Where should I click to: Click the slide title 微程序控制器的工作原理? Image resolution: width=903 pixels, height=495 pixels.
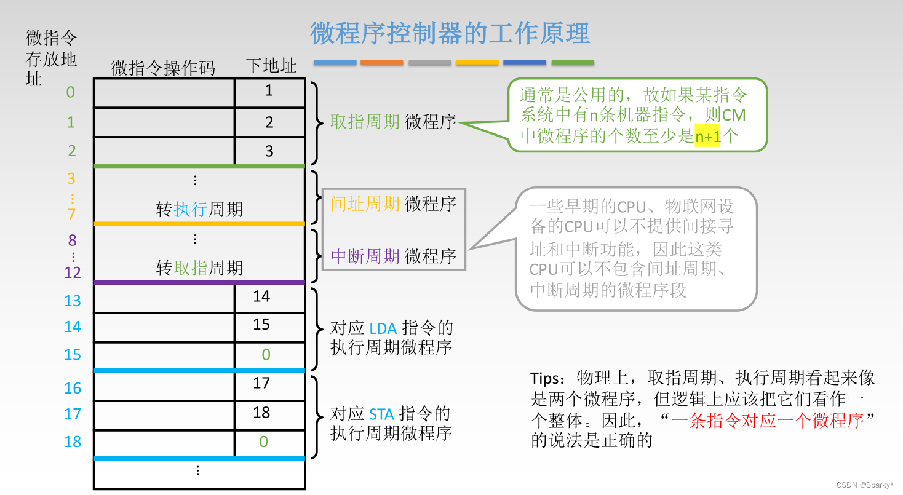coord(450,33)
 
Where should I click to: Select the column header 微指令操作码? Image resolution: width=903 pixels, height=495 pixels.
coord(163,68)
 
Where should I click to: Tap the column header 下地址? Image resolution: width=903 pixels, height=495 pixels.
coord(271,66)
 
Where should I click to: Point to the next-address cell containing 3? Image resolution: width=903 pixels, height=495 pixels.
coord(269,151)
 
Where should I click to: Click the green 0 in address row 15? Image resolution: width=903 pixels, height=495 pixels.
coord(266,354)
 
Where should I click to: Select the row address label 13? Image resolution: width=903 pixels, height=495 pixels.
coord(73,301)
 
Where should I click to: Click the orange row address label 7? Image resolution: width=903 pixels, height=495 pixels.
coord(71,214)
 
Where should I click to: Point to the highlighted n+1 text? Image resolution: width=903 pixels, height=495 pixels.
coord(707,137)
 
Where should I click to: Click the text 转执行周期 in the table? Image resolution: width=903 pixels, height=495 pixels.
coord(199,210)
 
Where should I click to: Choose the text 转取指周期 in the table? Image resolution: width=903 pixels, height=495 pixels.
coord(199,268)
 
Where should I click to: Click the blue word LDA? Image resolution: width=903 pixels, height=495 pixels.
coord(383,329)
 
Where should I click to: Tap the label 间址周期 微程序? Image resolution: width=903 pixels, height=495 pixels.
coord(393,204)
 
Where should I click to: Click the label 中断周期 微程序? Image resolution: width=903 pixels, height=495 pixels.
coord(393,256)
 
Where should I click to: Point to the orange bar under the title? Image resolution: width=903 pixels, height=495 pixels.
coord(381,63)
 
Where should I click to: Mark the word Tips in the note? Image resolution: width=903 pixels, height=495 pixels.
coord(545,377)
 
